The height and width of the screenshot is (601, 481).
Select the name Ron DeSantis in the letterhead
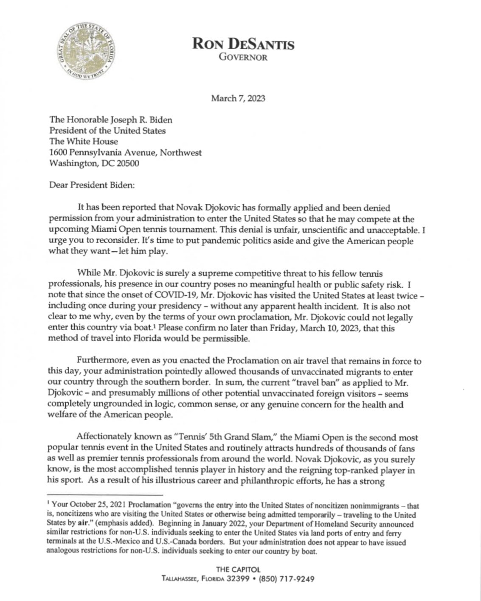tap(243, 44)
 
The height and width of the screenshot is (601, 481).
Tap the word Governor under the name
tap(243, 58)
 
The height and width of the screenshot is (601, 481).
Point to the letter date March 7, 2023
tap(238, 98)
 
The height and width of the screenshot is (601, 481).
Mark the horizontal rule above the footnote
tap(106, 495)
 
